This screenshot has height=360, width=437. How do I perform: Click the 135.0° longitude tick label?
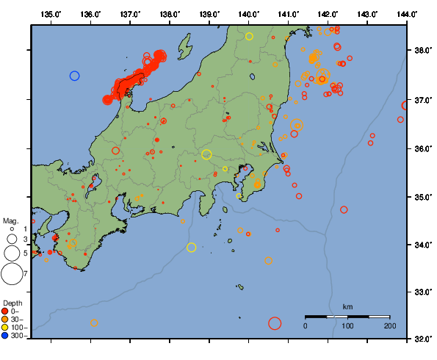click(51, 14)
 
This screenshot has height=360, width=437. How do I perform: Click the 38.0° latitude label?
click(421, 51)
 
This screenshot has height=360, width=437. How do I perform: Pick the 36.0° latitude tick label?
click(421, 148)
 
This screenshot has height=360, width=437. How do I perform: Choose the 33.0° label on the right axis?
click(421, 292)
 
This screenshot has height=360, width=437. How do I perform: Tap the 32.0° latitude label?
click(421, 339)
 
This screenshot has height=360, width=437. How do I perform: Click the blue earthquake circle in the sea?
click(74, 76)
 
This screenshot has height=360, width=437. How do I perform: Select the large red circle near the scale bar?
click(275, 323)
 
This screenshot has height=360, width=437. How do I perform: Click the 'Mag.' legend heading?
click(10, 220)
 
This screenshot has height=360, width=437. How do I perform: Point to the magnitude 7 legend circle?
click(11, 274)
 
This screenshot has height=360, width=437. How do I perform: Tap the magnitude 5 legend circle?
click(11, 253)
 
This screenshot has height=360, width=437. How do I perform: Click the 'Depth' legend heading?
click(12, 303)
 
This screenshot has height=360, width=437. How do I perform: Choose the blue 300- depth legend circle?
click(6, 336)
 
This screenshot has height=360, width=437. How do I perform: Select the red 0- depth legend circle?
click(6, 311)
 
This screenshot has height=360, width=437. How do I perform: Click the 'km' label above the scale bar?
click(348, 306)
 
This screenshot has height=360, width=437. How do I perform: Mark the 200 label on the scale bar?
click(390, 325)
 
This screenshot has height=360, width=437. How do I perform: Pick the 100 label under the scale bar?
click(347, 325)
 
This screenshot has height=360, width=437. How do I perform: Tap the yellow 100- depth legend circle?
click(6, 327)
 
